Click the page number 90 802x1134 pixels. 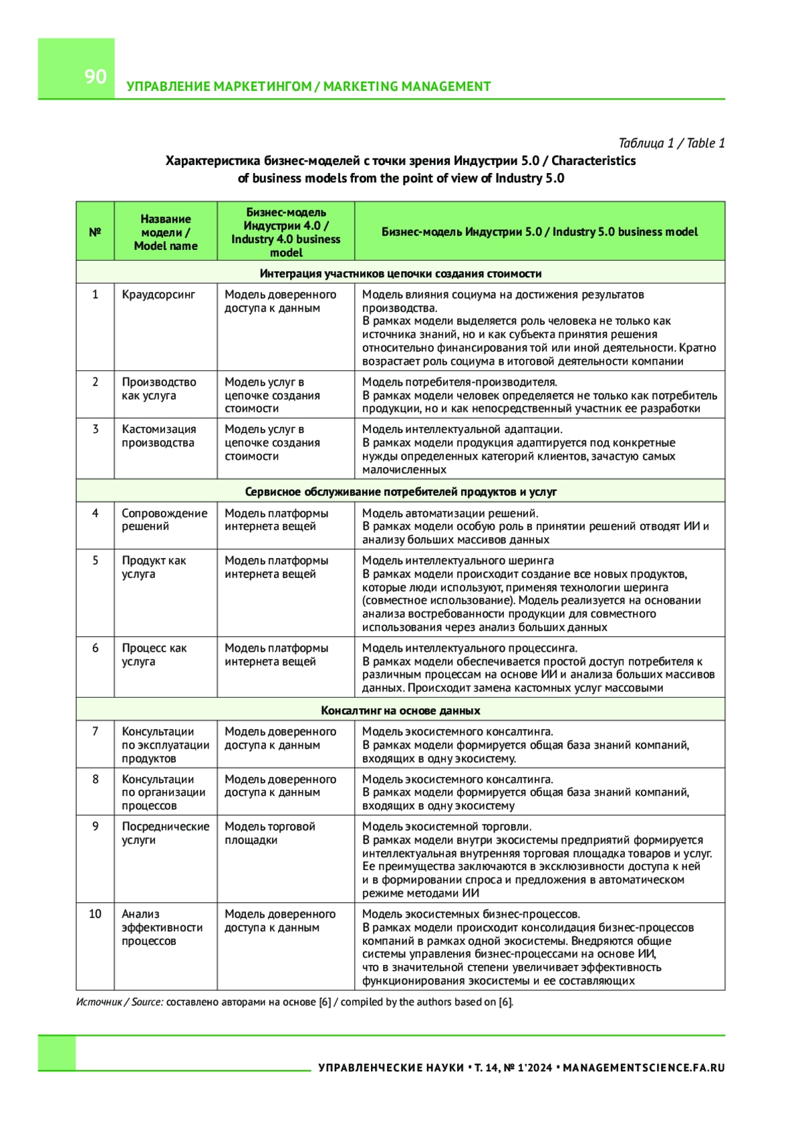tap(96, 76)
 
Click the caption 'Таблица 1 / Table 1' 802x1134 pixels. tap(671, 143)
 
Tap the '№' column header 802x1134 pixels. tap(95, 232)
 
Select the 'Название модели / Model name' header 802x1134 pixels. tap(166, 232)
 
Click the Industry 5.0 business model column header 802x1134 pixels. tap(539, 232)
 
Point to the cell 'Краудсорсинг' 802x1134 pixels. tap(158, 294)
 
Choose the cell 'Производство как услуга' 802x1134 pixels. tap(159, 388)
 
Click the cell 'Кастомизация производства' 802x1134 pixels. tap(159, 436)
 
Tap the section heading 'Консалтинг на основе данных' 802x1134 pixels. tap(400, 710)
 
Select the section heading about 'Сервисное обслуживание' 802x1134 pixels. tap(400, 492)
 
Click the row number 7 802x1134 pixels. tap(95, 731)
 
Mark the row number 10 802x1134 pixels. tap(95, 913)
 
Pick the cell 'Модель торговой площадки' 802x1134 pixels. tap(269, 833)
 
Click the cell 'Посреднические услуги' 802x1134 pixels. tap(165, 833)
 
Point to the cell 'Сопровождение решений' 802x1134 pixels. tap(164, 519)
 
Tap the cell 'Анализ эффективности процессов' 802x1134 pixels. tap(162, 927)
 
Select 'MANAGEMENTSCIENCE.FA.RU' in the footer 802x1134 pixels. tap(644, 1068)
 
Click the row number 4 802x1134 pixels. tap(95, 513)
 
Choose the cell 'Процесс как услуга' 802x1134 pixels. tap(154, 654)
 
